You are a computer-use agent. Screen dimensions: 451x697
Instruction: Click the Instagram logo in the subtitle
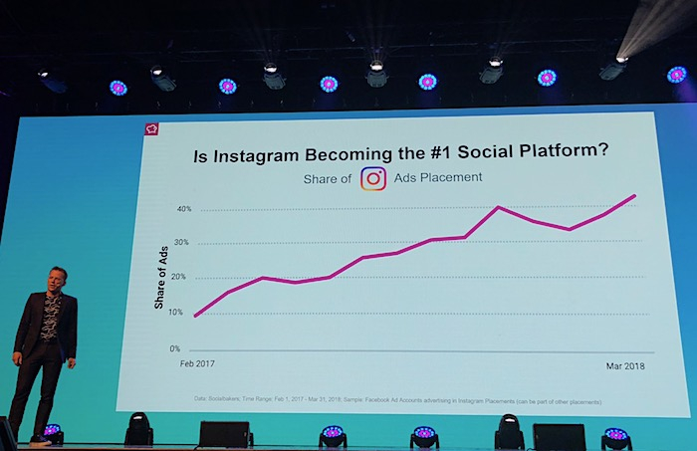point(373,178)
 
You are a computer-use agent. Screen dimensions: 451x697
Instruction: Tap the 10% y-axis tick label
point(175,313)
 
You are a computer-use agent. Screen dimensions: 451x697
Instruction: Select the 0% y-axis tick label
point(174,349)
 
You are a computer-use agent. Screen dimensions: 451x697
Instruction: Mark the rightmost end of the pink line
point(635,195)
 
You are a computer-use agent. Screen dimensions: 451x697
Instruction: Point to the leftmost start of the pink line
point(195,317)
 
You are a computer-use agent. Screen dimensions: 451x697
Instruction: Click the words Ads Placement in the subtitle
point(437,178)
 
